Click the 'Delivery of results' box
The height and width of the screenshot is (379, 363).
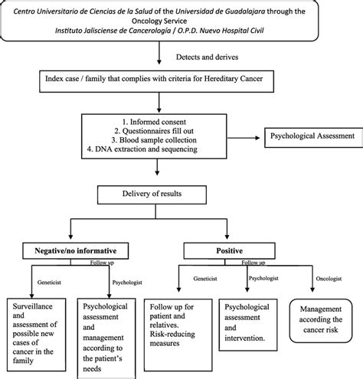[152, 194]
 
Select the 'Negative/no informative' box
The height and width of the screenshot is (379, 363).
[76, 250]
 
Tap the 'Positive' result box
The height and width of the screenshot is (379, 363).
[230, 250]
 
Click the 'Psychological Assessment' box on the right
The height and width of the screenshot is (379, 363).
[314, 138]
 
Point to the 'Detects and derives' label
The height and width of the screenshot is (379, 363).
[207, 57]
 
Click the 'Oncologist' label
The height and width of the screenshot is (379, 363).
[329, 279]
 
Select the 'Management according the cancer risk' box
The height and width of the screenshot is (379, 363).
[321, 321]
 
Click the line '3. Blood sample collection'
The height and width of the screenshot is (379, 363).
[154, 140]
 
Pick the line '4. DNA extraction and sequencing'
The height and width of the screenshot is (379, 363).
[142, 149]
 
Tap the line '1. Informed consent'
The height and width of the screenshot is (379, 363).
[154, 122]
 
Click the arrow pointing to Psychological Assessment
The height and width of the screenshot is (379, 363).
[244, 138]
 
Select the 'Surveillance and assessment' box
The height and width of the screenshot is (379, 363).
[36, 335]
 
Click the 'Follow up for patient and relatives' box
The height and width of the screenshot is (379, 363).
[178, 335]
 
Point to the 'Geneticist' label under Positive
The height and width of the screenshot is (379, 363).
[205, 279]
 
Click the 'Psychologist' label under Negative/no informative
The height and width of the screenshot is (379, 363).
[127, 283]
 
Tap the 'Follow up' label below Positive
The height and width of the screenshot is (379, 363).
[253, 263]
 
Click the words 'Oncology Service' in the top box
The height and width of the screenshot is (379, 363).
[159, 21]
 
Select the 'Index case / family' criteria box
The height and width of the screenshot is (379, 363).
[156, 81]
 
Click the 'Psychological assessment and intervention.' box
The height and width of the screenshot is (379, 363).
[248, 325]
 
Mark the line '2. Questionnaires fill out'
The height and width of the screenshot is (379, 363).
[154, 131]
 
